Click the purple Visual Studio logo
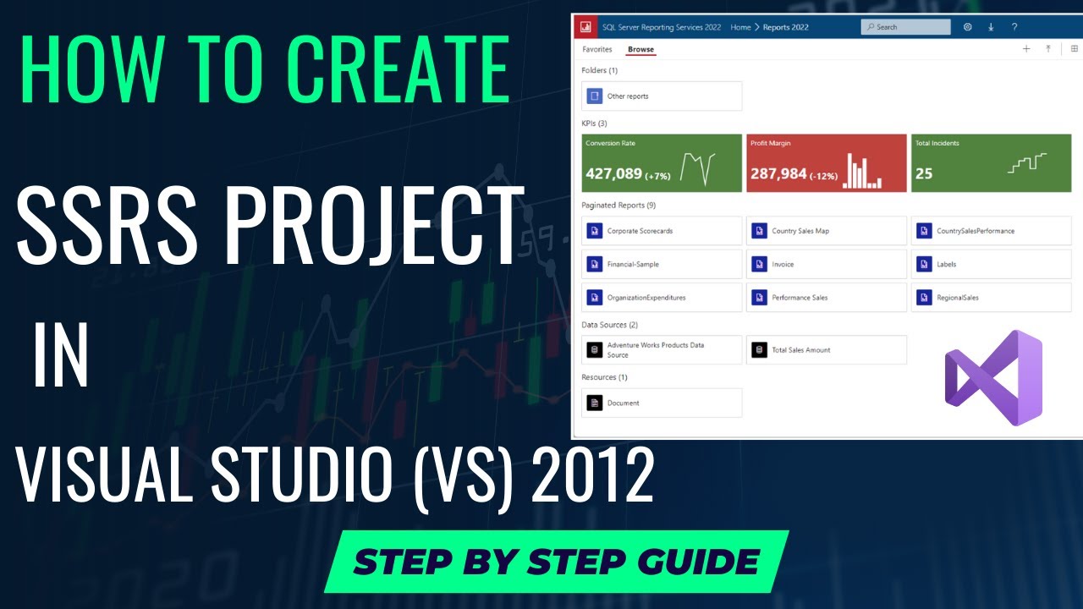(993, 378)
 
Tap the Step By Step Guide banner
(556, 562)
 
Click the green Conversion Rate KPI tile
(662, 163)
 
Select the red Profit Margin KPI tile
(827, 163)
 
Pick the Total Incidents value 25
(924, 173)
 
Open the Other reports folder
(662, 96)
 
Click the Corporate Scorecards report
(662, 231)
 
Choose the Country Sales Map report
(827, 231)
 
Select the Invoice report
(827, 265)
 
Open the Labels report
(991, 265)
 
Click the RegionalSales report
(991, 298)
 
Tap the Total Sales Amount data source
(827, 350)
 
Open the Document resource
(662, 403)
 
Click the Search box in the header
(905, 27)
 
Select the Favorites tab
(596, 50)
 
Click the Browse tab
(640, 50)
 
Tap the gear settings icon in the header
(968, 27)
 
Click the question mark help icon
(1014, 27)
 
